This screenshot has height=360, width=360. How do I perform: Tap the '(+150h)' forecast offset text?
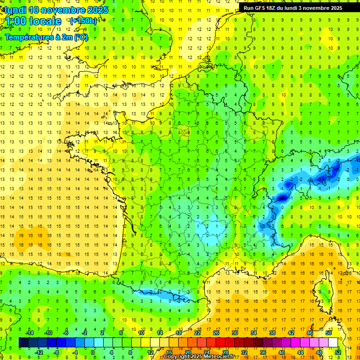point(83,21)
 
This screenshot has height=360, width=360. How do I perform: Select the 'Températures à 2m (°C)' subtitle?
point(46,37)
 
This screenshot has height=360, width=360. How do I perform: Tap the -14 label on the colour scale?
point(29,333)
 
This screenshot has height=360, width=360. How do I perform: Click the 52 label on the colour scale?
point(337,352)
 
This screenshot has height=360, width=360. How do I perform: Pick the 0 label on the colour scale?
point(93,352)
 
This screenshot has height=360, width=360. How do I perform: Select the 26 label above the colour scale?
point(216,333)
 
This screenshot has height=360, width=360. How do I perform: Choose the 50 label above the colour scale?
point(328,333)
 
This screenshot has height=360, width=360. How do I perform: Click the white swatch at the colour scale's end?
point(333,342)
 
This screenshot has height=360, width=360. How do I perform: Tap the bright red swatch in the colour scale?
point(221,342)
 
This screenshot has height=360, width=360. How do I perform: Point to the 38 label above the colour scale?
point(272,333)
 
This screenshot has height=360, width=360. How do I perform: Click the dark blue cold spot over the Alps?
point(282,198)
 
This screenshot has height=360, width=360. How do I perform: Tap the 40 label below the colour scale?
point(281,352)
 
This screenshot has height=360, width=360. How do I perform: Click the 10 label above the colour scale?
point(141,333)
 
